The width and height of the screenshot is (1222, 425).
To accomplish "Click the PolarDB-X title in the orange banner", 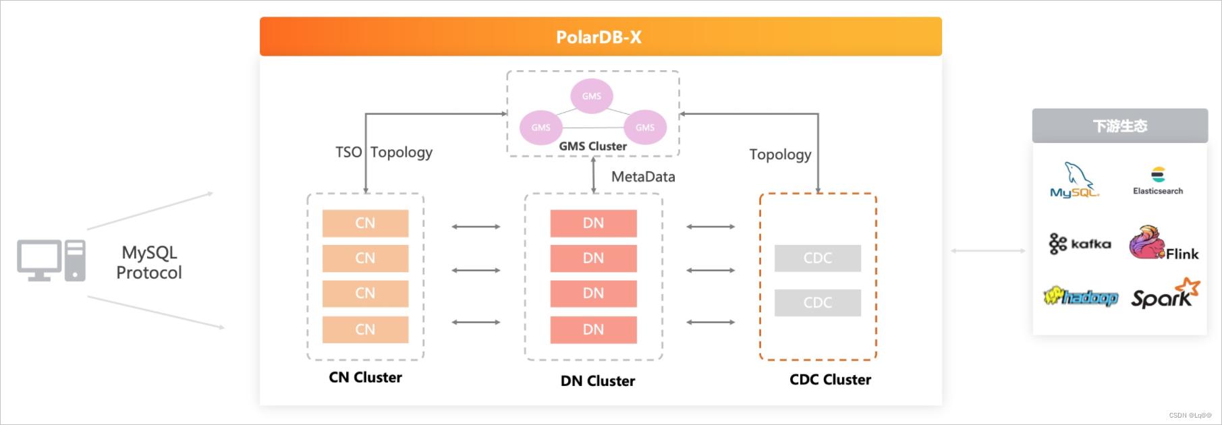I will click(x=599, y=37).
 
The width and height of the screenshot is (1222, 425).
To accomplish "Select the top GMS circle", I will click(x=592, y=96).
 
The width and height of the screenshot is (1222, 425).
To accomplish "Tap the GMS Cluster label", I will click(x=592, y=146).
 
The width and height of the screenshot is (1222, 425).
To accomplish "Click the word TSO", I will click(x=348, y=152).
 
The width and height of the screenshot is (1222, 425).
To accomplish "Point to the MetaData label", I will click(x=643, y=177).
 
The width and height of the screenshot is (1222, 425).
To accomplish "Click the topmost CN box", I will click(x=365, y=223).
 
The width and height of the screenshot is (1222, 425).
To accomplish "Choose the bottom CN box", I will click(x=365, y=329).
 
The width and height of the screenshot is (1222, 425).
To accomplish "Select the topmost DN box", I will click(x=593, y=223).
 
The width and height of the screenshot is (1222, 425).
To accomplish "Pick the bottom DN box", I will click(x=593, y=329).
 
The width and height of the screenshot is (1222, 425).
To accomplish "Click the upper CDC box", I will click(x=817, y=258).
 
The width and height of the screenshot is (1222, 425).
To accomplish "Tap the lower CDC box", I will click(x=817, y=303).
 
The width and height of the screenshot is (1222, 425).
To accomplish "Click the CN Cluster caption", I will click(x=365, y=378).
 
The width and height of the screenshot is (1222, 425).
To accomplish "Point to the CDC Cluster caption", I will click(x=830, y=380).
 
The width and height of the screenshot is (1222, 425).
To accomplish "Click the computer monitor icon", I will click(x=39, y=260).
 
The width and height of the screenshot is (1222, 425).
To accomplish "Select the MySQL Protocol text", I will click(x=149, y=262).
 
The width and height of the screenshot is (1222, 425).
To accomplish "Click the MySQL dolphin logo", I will click(x=1075, y=180).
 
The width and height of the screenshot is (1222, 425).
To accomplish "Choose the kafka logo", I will click(x=1080, y=244).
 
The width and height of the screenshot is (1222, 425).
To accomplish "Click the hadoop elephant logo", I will click(x=1080, y=296).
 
